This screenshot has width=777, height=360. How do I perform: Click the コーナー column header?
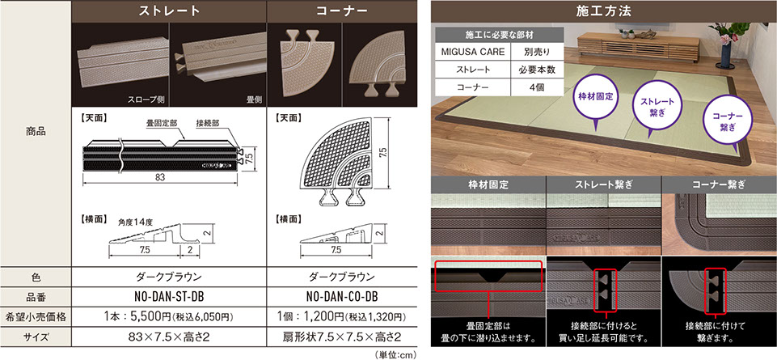click(x=341, y=11)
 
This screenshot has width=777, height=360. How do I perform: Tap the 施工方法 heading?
click(x=604, y=11)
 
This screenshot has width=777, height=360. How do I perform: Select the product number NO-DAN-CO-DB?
click(x=341, y=296)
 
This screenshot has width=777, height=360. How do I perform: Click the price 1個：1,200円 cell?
click(x=341, y=316)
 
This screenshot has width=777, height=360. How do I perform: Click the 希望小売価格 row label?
click(x=36, y=316)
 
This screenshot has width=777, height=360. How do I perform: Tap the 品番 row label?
click(x=36, y=296)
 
